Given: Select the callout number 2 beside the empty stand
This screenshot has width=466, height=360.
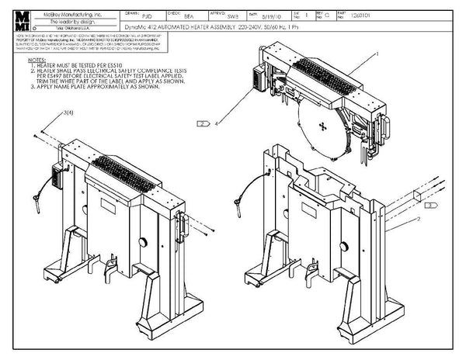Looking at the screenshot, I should pyautogui.click(x=418, y=221).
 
